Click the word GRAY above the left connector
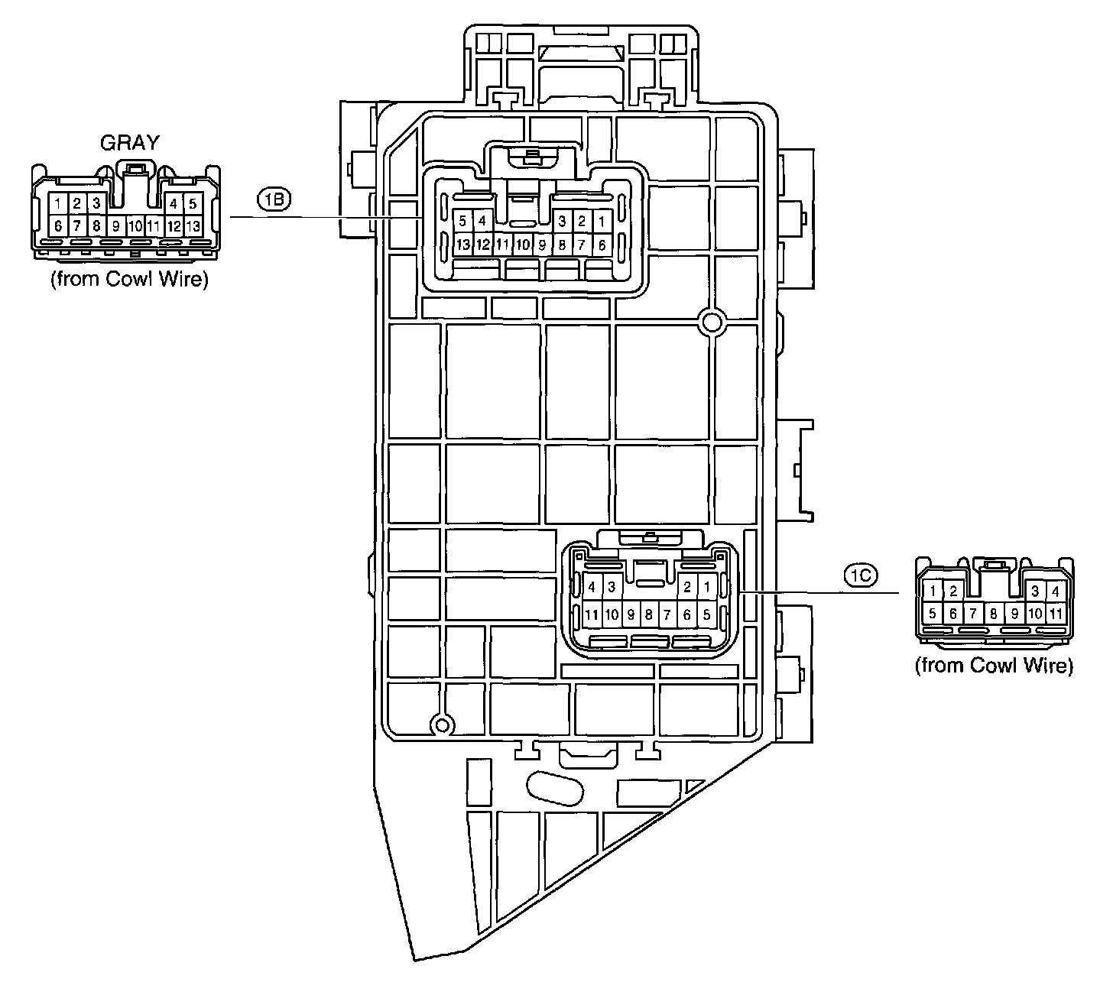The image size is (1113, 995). (131, 142)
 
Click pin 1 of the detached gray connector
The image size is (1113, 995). (58, 204)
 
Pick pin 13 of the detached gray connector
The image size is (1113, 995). (193, 226)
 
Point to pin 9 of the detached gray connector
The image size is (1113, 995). (115, 226)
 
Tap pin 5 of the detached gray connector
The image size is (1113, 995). (193, 204)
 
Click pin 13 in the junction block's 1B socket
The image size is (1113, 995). (462, 245)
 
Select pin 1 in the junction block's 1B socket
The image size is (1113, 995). (602, 222)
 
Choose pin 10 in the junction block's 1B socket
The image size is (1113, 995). (522, 245)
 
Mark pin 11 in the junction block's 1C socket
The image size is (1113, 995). (592, 614)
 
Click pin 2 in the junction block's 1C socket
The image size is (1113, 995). (687, 588)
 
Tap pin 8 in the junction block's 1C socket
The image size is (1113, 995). (648, 614)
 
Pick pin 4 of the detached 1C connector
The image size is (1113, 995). (1056, 591)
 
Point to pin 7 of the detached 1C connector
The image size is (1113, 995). (973, 614)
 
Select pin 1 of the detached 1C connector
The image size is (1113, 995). (933, 591)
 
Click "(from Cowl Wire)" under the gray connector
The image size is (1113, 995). (129, 280)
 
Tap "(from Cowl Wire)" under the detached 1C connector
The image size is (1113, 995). (994, 666)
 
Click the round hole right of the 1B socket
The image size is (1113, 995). (712, 323)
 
